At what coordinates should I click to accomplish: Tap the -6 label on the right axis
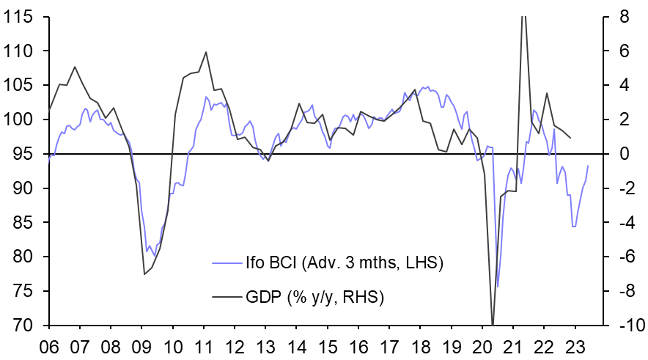[x=620, y=257]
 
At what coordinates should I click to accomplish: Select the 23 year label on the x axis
[x=578, y=346]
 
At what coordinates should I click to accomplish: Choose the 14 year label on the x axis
[x=298, y=346]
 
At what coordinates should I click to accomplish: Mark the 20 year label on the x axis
[x=485, y=346]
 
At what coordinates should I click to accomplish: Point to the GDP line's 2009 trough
[x=144, y=274]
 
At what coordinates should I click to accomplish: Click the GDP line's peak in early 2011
[x=206, y=52]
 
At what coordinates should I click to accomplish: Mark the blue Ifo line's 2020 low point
[x=497, y=287]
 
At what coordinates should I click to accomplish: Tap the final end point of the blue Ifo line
[x=588, y=166]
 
